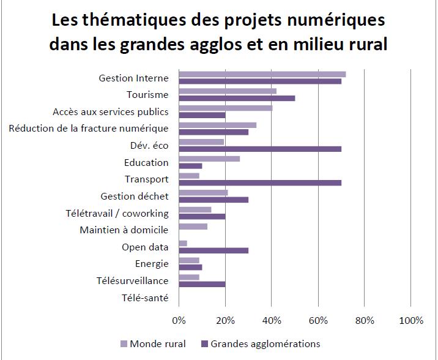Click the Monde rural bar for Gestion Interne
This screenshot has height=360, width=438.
pos(262,74)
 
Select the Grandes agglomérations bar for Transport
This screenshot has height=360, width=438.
pos(260,182)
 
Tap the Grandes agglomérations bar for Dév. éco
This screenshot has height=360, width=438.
pos(260,148)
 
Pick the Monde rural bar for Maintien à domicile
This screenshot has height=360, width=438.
pos(193,227)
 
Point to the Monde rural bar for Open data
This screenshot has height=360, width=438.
pos(182,244)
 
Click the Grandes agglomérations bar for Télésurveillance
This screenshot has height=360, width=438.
pos(202,284)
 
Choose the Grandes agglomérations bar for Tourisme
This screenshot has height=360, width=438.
pos(237,98)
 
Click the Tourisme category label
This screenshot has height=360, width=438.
pos(147,94)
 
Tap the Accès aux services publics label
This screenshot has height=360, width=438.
pos(110,111)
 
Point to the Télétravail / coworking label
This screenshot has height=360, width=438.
pos(116,213)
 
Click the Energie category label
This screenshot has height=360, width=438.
pos(151,264)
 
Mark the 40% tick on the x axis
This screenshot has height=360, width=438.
pos(272,320)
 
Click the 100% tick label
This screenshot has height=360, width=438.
pos(410,320)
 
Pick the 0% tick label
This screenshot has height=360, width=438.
pos(179,320)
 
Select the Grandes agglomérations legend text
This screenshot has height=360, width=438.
pos(265,343)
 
